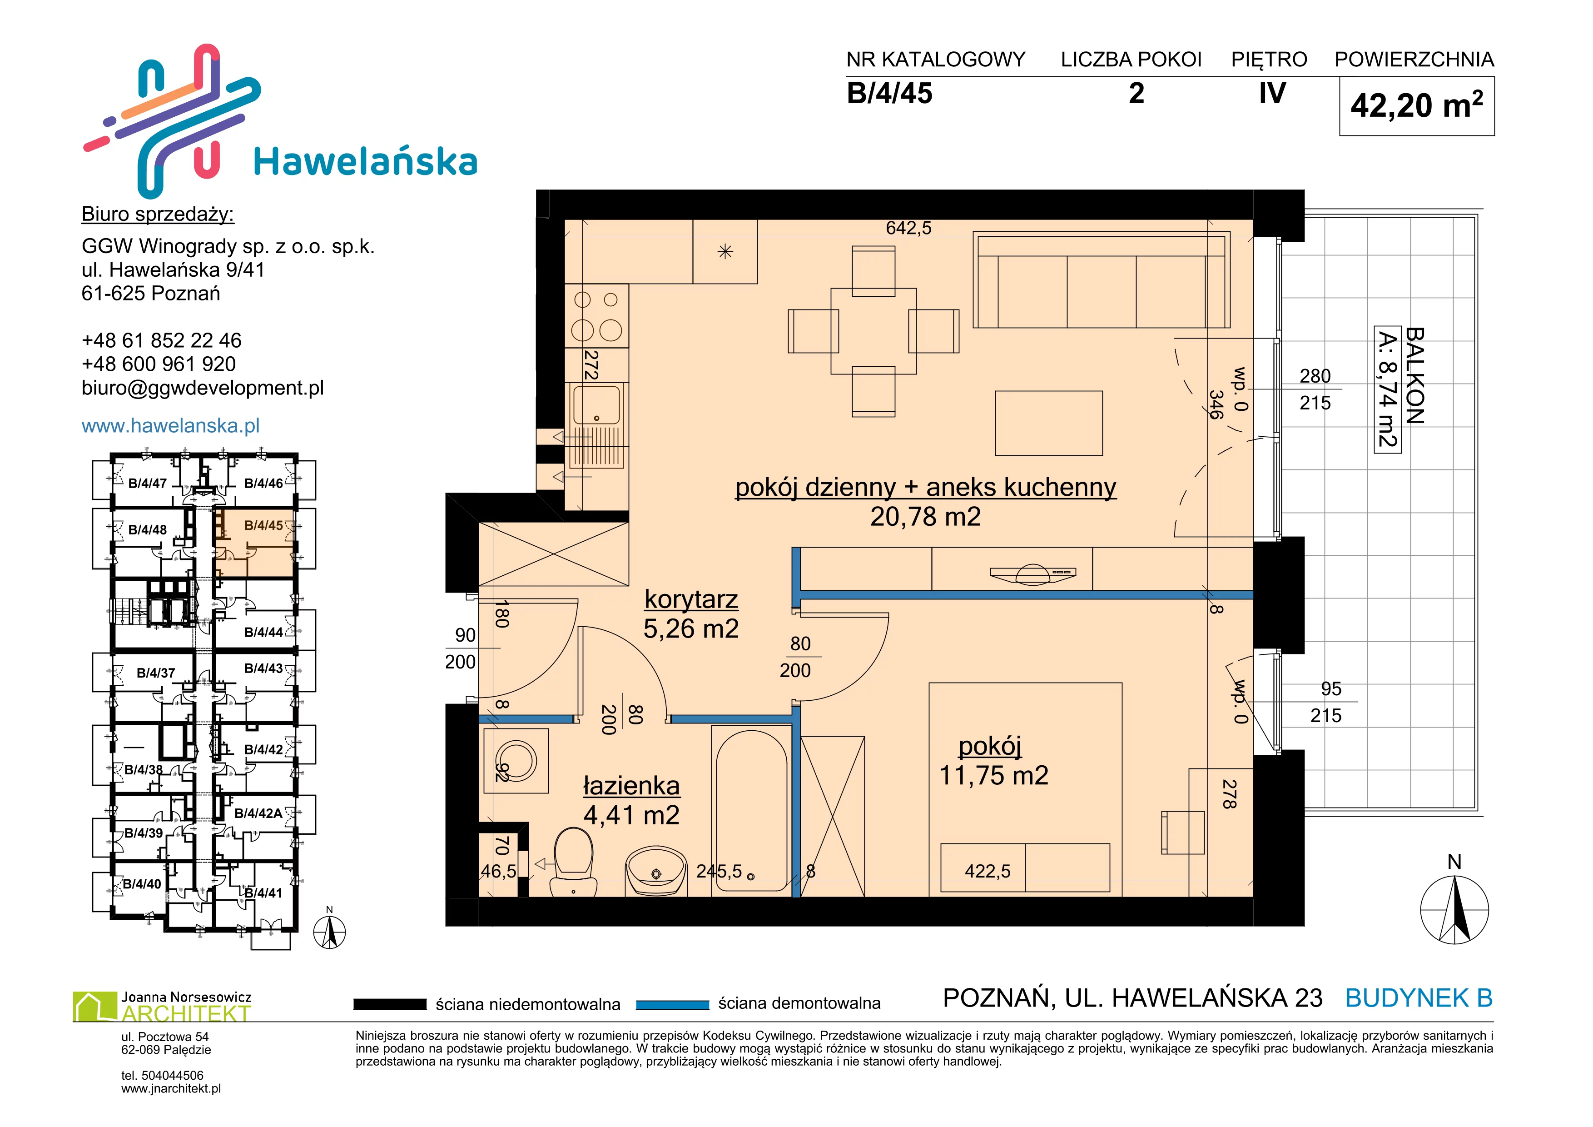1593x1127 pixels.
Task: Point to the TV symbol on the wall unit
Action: [x=1032, y=573]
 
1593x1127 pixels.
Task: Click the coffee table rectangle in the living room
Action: [x=1048, y=424]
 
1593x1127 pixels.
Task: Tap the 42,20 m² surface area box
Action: [x=1417, y=105]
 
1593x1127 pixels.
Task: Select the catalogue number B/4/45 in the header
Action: [x=889, y=94]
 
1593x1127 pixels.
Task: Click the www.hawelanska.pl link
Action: [x=171, y=425]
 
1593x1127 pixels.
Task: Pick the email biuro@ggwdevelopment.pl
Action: [x=203, y=388]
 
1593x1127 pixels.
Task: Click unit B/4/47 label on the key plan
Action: [x=147, y=484]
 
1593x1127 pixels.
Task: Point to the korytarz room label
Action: [x=691, y=599]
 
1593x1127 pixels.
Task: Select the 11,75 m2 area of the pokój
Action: [x=993, y=775]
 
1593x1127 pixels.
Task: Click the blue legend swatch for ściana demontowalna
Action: [x=672, y=1004]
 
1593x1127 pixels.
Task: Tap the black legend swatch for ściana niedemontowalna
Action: [x=390, y=1004]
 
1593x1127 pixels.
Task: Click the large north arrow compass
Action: [x=1454, y=910]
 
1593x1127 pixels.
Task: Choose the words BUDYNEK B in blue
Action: [x=1419, y=998]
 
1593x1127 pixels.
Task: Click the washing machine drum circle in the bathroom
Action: [x=516, y=761]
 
